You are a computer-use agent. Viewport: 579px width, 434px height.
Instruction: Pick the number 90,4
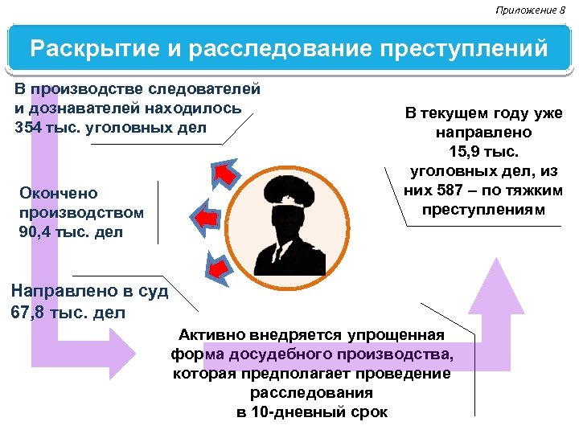click(36, 233)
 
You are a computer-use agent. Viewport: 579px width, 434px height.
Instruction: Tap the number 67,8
click(28, 312)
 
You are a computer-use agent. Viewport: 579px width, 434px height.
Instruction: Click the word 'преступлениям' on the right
click(483, 211)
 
